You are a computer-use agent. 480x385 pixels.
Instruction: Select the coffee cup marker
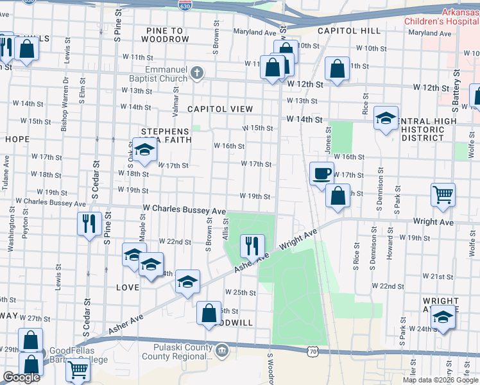click(321, 173)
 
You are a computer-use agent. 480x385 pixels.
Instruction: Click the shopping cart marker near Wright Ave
click(443, 194)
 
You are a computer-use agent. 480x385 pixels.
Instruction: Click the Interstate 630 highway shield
click(184, 4)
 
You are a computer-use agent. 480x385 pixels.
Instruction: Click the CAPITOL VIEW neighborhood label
click(220, 109)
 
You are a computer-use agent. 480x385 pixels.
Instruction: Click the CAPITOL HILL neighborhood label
click(348, 30)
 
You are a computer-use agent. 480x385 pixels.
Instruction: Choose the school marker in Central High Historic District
click(386, 118)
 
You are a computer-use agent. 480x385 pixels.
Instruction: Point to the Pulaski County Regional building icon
click(222, 350)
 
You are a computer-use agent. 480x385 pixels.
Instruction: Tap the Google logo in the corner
click(21, 377)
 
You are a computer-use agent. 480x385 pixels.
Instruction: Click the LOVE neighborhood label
click(127, 287)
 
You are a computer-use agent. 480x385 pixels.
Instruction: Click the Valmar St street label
click(175, 99)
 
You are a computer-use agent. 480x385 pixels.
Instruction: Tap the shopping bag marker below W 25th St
click(209, 313)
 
